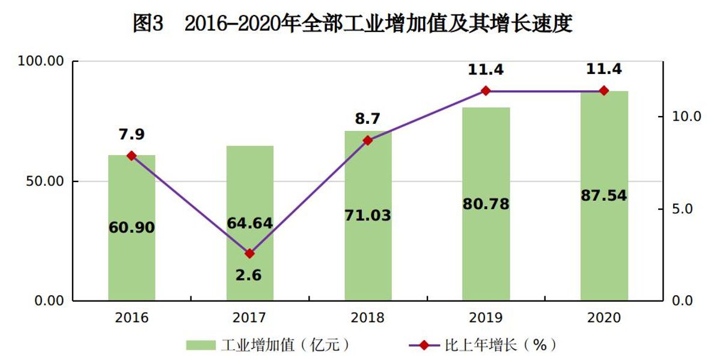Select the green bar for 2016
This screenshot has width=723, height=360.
(x=132, y=264)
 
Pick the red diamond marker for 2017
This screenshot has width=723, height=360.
(x=250, y=254)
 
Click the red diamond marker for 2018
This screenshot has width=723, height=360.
(x=368, y=140)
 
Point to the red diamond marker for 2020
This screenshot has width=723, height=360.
(x=604, y=91)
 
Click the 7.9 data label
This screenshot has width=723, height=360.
(x=132, y=135)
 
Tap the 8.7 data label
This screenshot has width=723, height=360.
(x=368, y=118)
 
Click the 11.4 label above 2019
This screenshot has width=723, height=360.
(x=486, y=69)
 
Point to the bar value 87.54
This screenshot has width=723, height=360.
(x=604, y=195)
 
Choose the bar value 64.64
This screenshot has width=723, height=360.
(x=250, y=223)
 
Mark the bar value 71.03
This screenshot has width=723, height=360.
(x=368, y=215)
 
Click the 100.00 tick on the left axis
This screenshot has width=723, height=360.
(x=41, y=61)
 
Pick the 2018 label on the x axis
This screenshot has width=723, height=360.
(x=368, y=318)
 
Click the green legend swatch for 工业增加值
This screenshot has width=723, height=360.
(x=200, y=345)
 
